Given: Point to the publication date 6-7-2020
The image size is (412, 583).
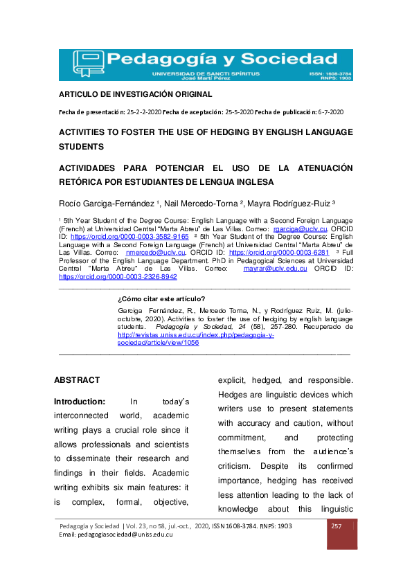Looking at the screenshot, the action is click(x=329, y=112).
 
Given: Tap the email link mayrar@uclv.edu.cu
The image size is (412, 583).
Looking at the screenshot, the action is click(x=276, y=269).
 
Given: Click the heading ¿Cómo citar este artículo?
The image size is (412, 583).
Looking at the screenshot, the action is click(x=161, y=299).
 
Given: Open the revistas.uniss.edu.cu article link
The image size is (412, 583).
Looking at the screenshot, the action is click(x=196, y=334).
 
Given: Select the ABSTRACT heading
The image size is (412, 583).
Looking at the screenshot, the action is click(x=77, y=380).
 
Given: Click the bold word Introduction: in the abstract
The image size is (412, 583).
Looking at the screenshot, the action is click(x=80, y=401).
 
